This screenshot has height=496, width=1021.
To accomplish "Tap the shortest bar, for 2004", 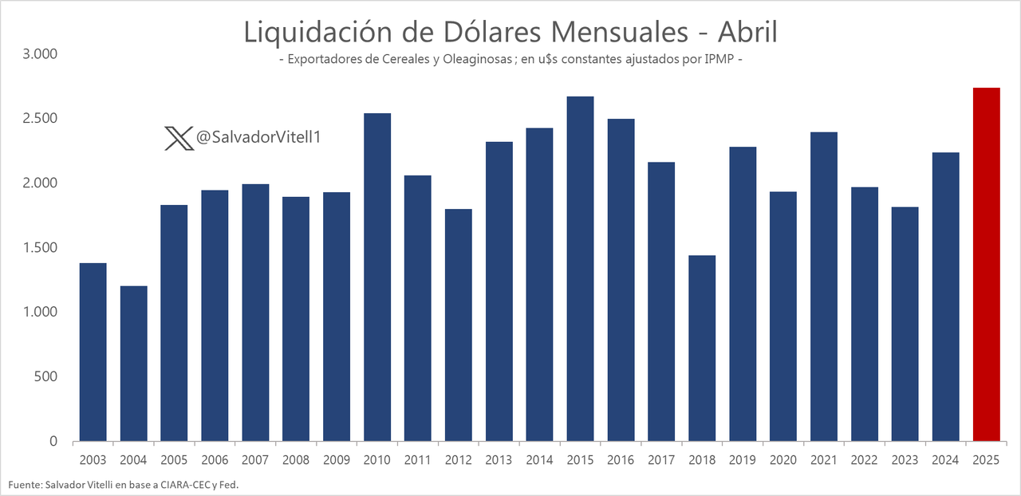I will click(133, 364).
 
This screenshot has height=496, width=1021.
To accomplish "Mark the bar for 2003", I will click(93, 352).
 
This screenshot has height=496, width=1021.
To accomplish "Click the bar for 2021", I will click(824, 286).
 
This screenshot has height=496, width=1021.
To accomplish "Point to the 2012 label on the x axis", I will click(459, 460).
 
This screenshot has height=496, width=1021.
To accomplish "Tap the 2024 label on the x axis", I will click(946, 460).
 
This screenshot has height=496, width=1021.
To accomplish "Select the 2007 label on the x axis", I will click(255, 460).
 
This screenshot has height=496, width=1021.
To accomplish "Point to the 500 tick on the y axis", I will click(47, 376).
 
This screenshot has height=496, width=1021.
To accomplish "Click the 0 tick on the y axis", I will click(53, 441).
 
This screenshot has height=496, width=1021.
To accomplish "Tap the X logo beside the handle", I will click(178, 139).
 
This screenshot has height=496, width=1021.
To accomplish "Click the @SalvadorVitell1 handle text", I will click(258, 138).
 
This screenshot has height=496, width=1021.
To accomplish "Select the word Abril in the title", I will click(747, 32).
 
